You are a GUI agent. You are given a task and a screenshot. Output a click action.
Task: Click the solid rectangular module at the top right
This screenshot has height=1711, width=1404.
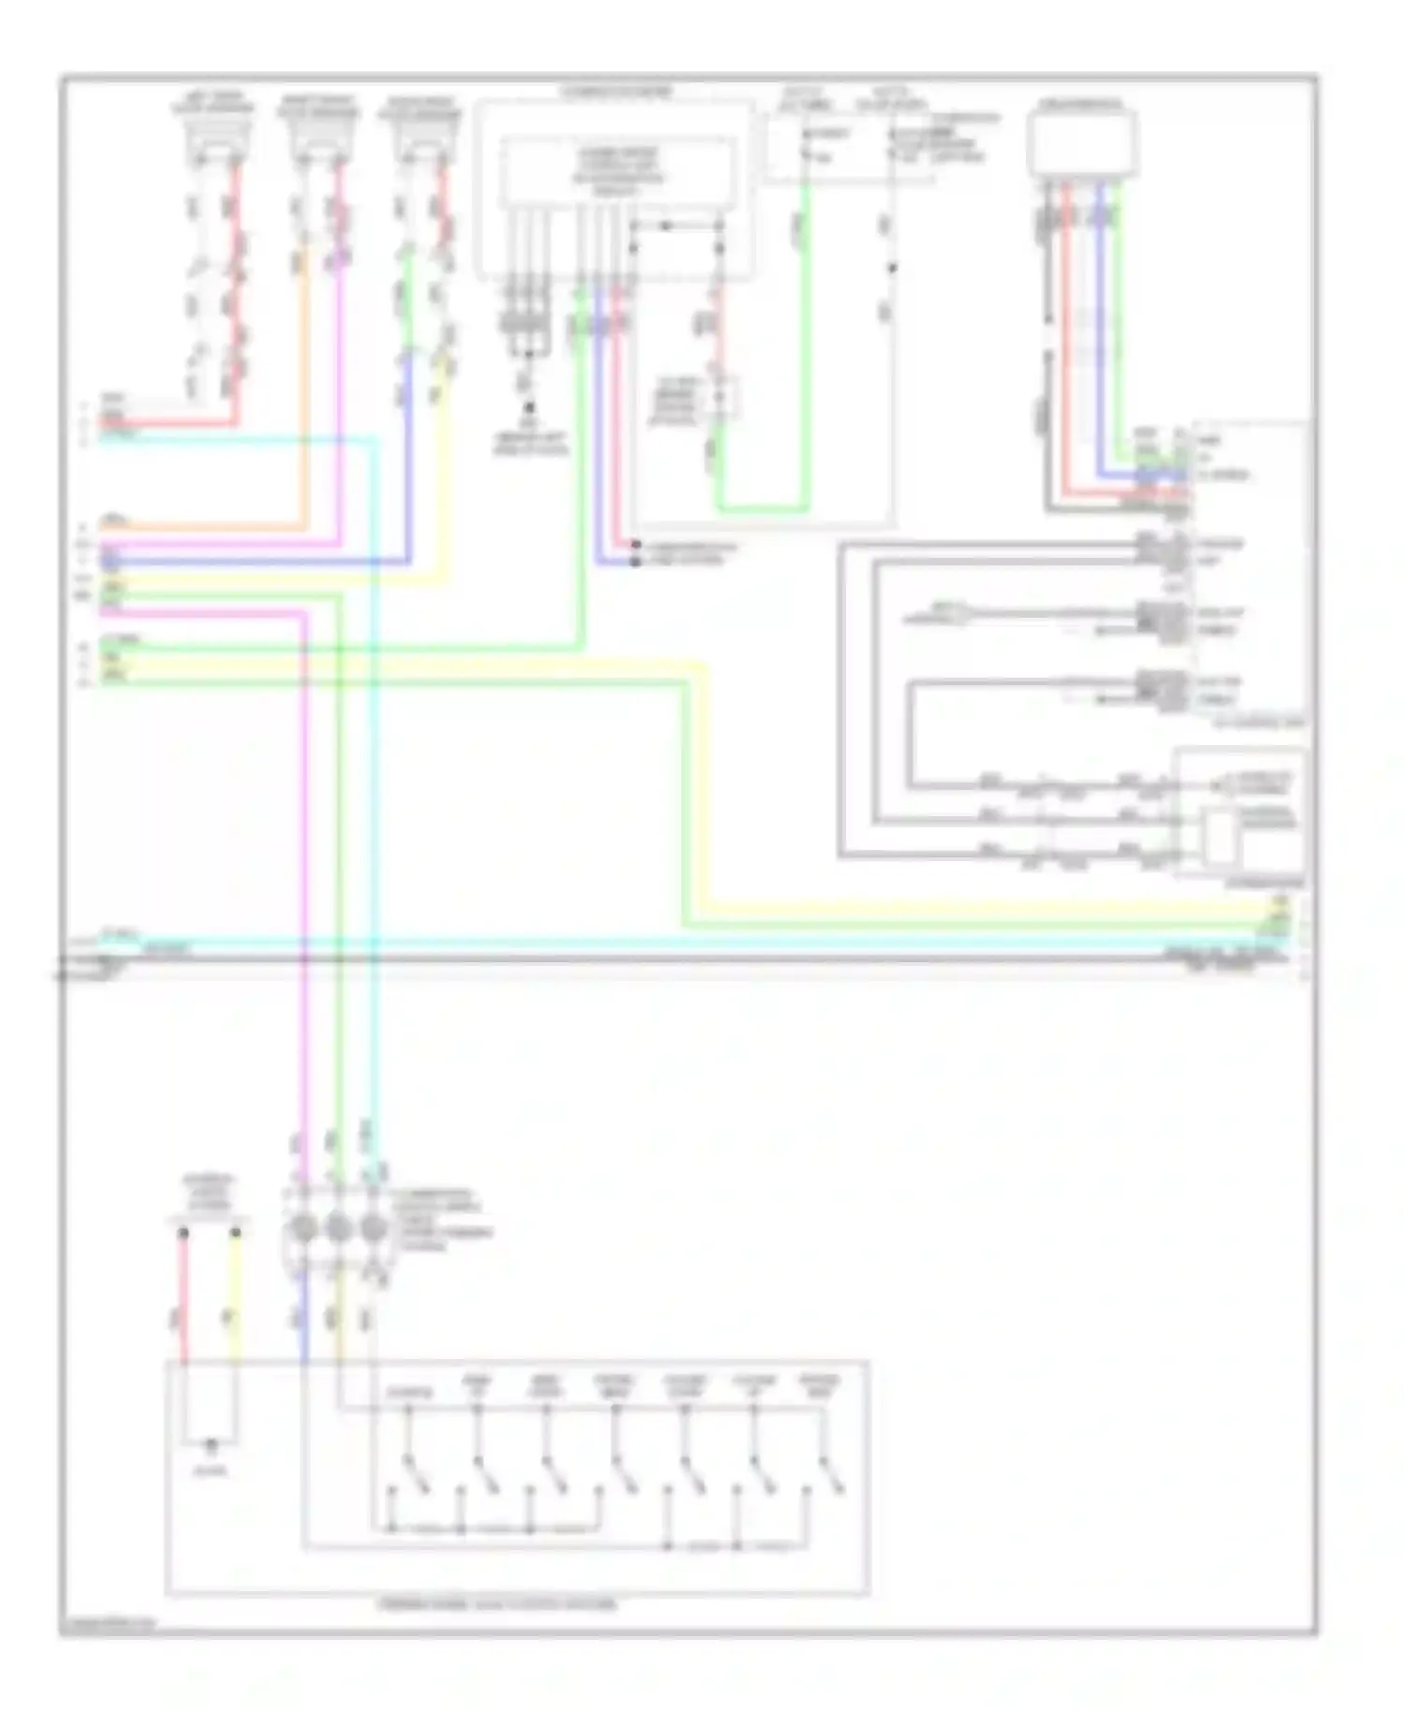pyautogui.click(x=1082, y=143)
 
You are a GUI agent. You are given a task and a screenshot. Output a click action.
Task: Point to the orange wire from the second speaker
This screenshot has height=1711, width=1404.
pyautogui.click(x=302, y=393)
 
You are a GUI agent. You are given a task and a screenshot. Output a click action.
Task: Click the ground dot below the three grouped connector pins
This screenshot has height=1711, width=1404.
pyautogui.click(x=529, y=408)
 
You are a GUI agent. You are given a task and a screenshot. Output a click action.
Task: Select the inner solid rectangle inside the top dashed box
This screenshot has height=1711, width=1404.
pyautogui.click(x=617, y=171)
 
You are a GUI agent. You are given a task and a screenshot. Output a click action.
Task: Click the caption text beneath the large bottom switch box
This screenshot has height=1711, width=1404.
pyautogui.click(x=498, y=1604)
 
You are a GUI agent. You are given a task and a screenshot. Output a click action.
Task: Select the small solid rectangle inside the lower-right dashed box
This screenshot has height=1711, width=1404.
pyautogui.click(x=1219, y=836)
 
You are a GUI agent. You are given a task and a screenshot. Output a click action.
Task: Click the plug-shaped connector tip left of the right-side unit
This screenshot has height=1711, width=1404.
pyautogui.click(x=964, y=615)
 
